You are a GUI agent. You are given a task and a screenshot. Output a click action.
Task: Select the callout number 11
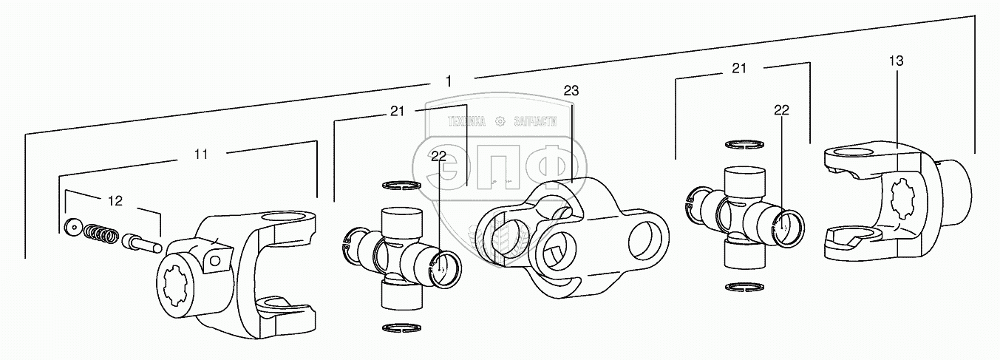(x=200, y=154)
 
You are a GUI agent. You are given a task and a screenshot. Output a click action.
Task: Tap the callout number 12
(x=115, y=200)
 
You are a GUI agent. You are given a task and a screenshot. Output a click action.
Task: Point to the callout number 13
(x=896, y=61)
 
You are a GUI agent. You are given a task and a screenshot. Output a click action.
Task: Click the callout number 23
(x=571, y=91)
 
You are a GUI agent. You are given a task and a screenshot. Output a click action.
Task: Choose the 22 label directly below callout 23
(x=439, y=156)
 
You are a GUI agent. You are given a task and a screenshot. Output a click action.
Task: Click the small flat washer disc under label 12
(x=72, y=227)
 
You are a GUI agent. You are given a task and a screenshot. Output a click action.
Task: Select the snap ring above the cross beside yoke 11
(x=401, y=185)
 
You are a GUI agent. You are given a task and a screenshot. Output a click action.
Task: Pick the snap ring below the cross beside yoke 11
(x=400, y=327)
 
